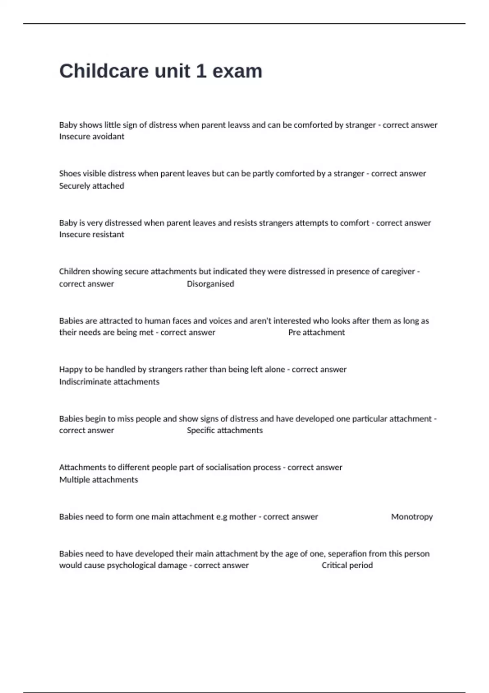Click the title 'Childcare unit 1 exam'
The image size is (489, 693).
[161, 71]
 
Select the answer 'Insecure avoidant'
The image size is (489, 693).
[92, 137]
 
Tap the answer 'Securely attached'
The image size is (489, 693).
[92, 186]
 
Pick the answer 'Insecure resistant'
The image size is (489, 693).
[92, 234]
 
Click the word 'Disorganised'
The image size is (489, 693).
[210, 284]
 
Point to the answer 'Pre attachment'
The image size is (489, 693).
[316, 332]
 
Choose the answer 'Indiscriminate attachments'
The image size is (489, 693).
[109, 382]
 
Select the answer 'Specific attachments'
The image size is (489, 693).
[225, 430]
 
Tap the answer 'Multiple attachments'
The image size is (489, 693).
[99, 480]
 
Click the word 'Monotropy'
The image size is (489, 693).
[412, 517]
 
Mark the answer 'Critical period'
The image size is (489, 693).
[347, 565]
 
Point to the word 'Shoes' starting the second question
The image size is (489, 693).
[70, 174]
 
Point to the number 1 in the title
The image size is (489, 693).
[201, 71]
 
